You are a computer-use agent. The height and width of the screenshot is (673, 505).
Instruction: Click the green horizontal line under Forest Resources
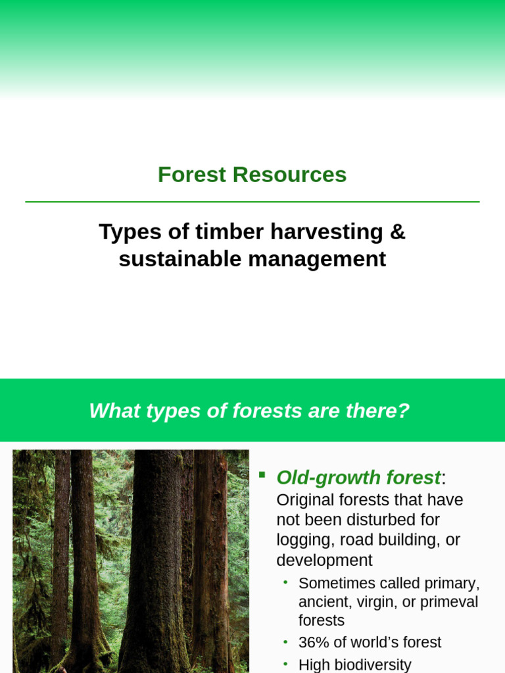click(252, 202)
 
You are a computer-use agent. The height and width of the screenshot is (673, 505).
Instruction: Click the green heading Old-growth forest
click(358, 478)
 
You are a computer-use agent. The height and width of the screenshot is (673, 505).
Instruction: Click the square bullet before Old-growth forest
click(262, 474)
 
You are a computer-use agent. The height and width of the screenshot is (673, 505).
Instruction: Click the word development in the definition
click(324, 561)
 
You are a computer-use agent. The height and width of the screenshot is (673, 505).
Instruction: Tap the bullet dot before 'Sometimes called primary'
click(285, 582)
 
